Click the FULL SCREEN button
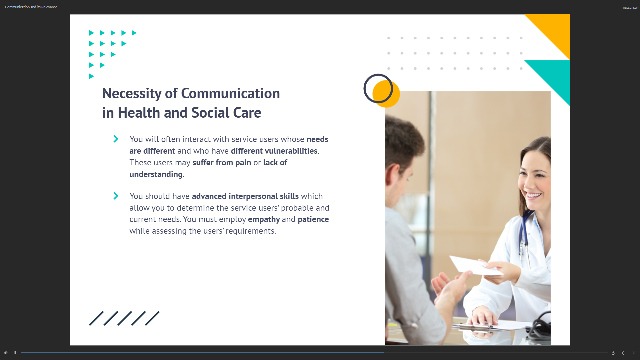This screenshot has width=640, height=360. [x=630, y=7]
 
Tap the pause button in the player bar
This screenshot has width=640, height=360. [x=15, y=353]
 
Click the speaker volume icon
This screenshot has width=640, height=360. [x=6, y=353]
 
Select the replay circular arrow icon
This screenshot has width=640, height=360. [x=613, y=353]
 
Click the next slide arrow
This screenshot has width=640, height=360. [x=634, y=353]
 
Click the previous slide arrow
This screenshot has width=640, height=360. [x=623, y=353]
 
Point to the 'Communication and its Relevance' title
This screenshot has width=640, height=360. [x=31, y=7]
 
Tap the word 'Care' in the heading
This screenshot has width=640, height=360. [x=247, y=113]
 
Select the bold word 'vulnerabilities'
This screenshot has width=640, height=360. [x=291, y=151]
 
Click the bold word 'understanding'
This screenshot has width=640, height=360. [x=156, y=174]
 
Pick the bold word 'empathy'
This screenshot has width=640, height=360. [x=264, y=220]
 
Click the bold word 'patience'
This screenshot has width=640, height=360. [x=313, y=219]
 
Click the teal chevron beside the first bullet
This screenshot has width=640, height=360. [x=116, y=139]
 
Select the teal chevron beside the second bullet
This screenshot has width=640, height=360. [x=116, y=196]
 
